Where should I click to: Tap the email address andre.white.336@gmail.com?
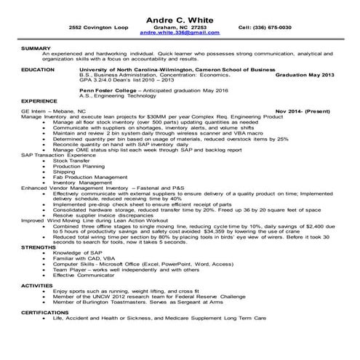(x=180, y=33)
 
